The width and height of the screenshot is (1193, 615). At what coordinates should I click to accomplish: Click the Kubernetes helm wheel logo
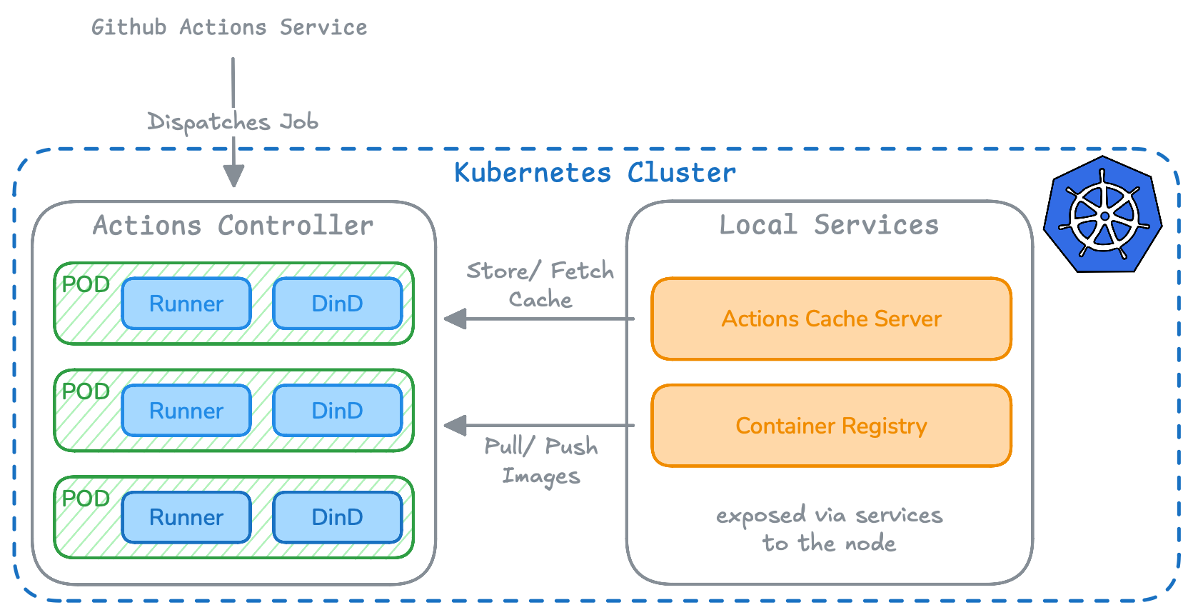click(x=1102, y=214)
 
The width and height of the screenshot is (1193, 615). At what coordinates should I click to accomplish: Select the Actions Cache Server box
click(x=831, y=319)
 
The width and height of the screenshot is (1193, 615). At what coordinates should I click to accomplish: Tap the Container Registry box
click(x=831, y=426)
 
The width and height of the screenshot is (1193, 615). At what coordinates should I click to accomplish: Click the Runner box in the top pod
click(x=186, y=304)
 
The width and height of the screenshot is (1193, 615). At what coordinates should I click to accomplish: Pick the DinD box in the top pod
click(x=337, y=304)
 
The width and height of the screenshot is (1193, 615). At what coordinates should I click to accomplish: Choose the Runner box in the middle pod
click(x=186, y=411)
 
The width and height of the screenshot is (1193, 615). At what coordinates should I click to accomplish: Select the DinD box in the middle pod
click(x=337, y=411)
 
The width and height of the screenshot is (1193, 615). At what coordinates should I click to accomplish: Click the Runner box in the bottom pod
click(x=186, y=517)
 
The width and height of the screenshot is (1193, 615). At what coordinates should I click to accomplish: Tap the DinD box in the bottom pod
click(x=337, y=517)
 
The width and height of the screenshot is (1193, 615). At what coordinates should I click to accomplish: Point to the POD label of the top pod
click(x=86, y=284)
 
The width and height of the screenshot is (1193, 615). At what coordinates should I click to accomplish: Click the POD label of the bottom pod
click(x=86, y=498)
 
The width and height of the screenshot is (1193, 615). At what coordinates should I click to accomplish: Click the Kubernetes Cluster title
click(x=595, y=173)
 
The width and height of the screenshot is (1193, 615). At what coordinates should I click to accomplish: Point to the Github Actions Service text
click(x=229, y=27)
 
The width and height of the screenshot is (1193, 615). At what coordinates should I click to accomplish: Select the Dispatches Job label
click(x=233, y=122)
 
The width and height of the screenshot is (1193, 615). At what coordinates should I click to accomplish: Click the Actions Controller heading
click(x=233, y=226)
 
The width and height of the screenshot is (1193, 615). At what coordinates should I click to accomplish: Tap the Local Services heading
click(x=828, y=225)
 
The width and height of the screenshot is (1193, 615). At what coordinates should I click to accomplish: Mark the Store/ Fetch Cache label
click(x=540, y=284)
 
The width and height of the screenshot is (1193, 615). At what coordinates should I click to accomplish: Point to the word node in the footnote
click(x=870, y=544)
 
